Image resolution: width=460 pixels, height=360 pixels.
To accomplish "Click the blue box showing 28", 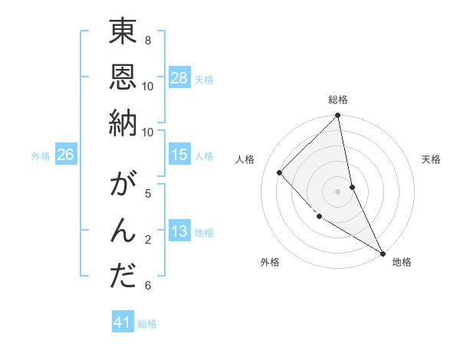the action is click(179, 78).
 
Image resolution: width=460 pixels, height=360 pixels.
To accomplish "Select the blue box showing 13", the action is click(179, 232).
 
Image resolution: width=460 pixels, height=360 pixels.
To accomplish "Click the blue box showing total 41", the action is click(123, 322).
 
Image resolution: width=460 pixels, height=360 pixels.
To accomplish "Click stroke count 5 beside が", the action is click(148, 193).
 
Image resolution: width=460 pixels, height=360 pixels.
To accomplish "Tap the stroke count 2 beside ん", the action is click(148, 240).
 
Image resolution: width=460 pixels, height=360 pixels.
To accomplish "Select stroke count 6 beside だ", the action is click(148, 286).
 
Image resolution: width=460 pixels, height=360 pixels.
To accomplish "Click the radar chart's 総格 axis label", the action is click(338, 100).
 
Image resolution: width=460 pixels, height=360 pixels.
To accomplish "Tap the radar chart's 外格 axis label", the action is click(270, 262).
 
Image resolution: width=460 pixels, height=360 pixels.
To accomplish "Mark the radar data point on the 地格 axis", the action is click(383, 253).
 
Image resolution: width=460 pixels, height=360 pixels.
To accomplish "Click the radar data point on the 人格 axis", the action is click(280, 172).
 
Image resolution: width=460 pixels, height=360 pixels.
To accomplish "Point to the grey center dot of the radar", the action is click(338, 191).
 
